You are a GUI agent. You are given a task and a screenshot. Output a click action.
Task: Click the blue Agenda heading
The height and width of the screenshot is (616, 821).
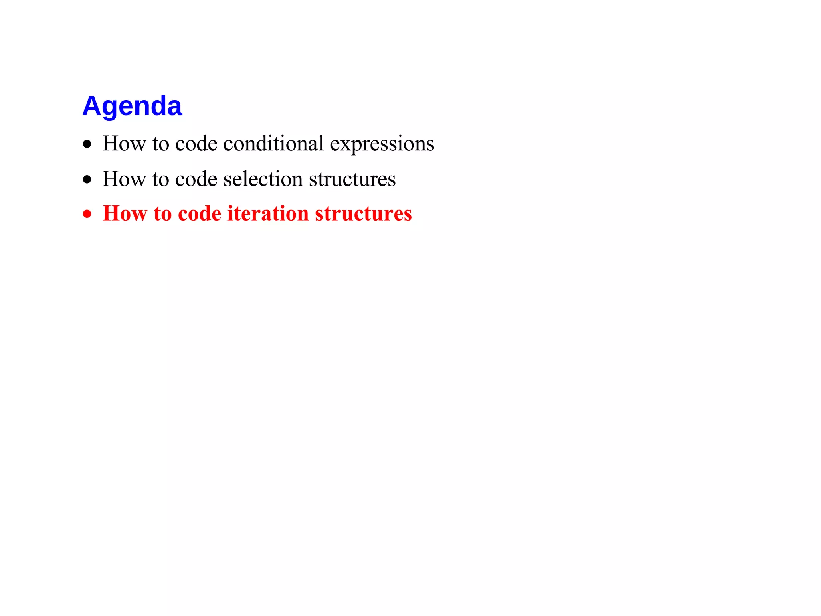tap(132, 106)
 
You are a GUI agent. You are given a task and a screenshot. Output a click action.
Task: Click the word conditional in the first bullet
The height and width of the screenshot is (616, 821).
tap(273, 144)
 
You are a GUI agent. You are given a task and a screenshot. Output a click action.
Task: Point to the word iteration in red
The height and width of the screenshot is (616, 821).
tap(268, 213)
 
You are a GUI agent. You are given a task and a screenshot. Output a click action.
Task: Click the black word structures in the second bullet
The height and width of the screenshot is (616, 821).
tap(352, 179)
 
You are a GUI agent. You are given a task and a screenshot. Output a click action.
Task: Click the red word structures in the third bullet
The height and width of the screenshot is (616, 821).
tap(363, 213)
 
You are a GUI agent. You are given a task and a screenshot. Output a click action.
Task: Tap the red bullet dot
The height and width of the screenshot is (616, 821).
tap(87, 214)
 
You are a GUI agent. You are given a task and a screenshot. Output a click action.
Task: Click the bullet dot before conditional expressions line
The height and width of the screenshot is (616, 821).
tap(87, 144)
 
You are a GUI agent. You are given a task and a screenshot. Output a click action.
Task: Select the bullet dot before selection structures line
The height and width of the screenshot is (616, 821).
tap(87, 180)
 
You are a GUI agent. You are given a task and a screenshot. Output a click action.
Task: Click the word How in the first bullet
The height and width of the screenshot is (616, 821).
tap(124, 144)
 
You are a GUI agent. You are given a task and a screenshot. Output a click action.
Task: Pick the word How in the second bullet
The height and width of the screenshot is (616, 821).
tap(124, 179)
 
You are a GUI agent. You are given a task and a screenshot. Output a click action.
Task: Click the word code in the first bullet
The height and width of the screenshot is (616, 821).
tap(196, 144)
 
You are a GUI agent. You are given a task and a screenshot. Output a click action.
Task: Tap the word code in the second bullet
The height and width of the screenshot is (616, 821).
tap(196, 179)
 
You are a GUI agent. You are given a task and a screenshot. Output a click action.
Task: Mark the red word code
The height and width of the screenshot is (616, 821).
tap(199, 213)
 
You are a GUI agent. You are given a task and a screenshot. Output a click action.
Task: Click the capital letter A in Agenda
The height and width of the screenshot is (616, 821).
tap(91, 106)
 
